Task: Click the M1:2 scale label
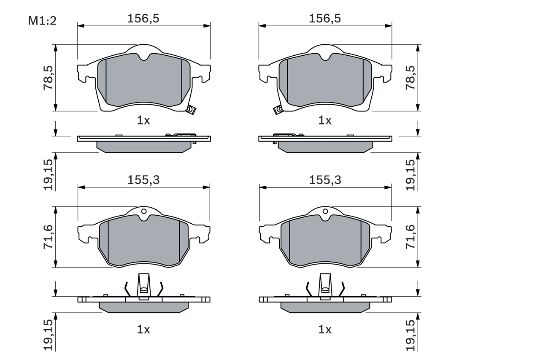click(x=42, y=21)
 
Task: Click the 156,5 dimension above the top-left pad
click(x=143, y=18)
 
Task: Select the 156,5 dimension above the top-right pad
click(x=325, y=18)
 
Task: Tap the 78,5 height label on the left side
click(x=49, y=77)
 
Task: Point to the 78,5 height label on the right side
click(x=410, y=77)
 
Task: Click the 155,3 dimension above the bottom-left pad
click(x=143, y=180)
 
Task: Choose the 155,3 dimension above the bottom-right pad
click(x=325, y=180)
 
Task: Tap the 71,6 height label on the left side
click(x=49, y=237)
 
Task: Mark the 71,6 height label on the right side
click(x=410, y=237)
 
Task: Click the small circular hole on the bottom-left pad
click(x=144, y=211)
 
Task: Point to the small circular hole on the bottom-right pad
click(x=325, y=211)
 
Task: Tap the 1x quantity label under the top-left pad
click(x=143, y=121)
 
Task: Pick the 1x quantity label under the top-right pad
click(x=325, y=121)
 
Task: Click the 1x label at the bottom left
click(x=143, y=330)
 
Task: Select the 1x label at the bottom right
click(x=325, y=330)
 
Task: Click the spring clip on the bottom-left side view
click(x=144, y=287)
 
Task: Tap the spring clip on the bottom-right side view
click(x=325, y=287)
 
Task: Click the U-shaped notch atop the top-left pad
click(x=144, y=56)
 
